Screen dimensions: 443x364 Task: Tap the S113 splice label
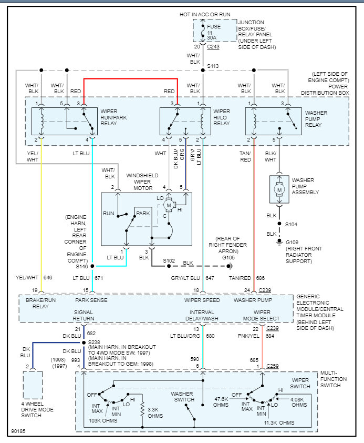[x=213, y=67]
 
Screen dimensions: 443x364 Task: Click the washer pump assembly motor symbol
[x=279, y=189]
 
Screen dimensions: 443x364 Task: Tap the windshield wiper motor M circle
[x=169, y=204]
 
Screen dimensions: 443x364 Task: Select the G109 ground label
[x=292, y=242]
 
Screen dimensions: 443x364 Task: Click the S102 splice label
[x=169, y=261]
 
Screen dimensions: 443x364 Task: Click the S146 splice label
[x=81, y=267]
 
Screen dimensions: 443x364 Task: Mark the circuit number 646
[x=48, y=277]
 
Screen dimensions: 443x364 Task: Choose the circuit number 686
[x=261, y=277]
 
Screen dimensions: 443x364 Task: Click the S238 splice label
[x=93, y=342]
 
